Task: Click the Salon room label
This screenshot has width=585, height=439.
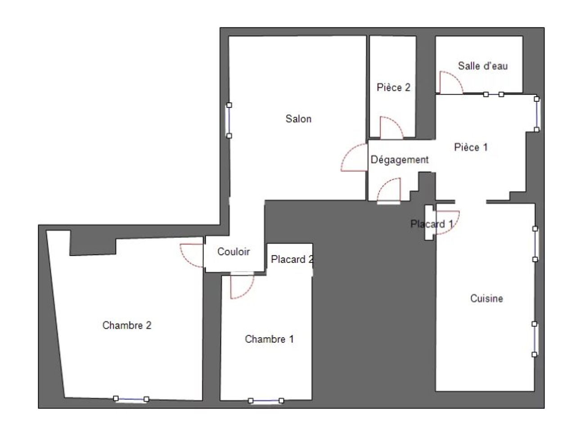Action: [298, 119]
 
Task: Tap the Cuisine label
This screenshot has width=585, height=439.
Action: [486, 299]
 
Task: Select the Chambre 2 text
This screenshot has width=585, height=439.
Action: [127, 325]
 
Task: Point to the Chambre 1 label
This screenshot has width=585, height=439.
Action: [269, 339]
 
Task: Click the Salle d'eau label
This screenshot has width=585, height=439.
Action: [483, 66]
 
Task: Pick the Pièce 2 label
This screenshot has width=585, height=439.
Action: [393, 87]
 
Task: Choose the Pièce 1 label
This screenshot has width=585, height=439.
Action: [471, 147]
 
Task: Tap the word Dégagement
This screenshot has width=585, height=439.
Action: [400, 160]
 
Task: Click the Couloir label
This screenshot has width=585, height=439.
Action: [234, 252]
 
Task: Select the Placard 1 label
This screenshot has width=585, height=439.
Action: [432, 224]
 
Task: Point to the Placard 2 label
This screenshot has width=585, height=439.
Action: [292, 259]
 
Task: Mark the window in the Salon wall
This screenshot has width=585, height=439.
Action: [229, 120]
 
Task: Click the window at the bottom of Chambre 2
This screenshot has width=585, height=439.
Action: [131, 399]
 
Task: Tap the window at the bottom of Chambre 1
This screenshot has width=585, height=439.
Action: [266, 401]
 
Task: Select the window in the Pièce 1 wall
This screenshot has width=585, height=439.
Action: [537, 114]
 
